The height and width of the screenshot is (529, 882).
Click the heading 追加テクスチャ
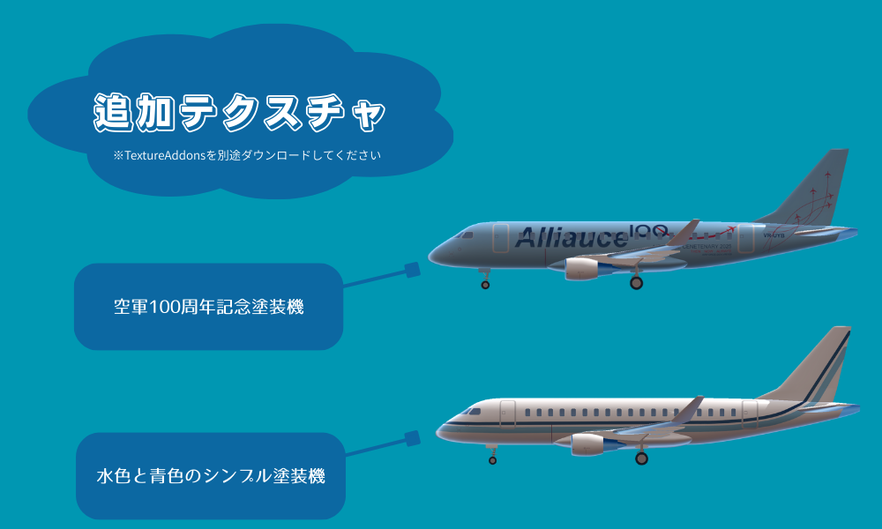(239, 112)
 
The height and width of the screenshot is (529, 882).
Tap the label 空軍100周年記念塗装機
(208, 308)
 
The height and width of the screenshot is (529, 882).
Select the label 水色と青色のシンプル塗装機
(210, 477)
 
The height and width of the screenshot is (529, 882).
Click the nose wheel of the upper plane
(485, 285)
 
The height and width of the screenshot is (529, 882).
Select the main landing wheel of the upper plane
(636, 283)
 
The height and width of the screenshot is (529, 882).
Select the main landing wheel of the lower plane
(641, 458)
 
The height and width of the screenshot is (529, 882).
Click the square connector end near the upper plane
(411, 270)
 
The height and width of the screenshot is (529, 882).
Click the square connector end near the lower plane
(411, 438)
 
